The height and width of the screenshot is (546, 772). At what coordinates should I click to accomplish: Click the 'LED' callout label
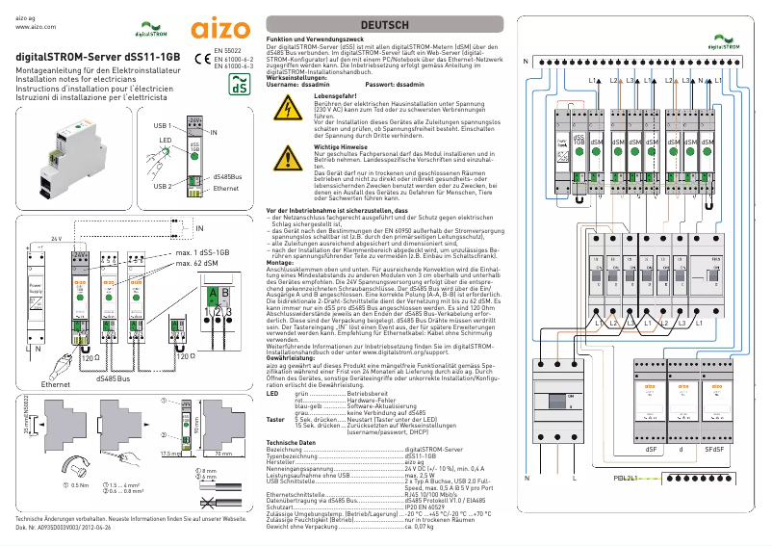pos(165,140)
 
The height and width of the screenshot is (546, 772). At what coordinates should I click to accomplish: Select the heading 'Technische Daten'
pos(294,442)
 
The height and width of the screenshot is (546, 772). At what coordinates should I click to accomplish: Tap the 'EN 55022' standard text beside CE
pos(228,49)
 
